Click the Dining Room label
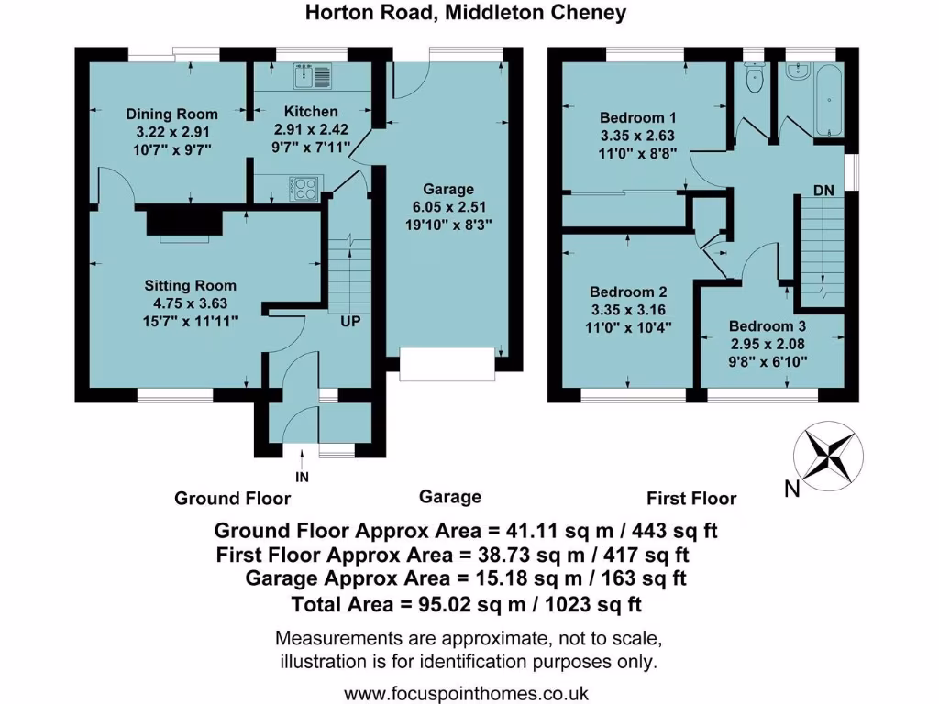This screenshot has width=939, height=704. (172, 114)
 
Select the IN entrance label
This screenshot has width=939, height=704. (304, 478)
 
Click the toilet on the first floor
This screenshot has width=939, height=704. (756, 79)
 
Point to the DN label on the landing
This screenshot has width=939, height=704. (823, 190)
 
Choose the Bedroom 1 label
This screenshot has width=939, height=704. (638, 118)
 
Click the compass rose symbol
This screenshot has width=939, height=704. (828, 454)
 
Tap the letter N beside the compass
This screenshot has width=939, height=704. (793, 489)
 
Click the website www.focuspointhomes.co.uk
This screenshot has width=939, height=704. (466, 692)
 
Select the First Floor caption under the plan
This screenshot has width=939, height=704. (691, 499)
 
